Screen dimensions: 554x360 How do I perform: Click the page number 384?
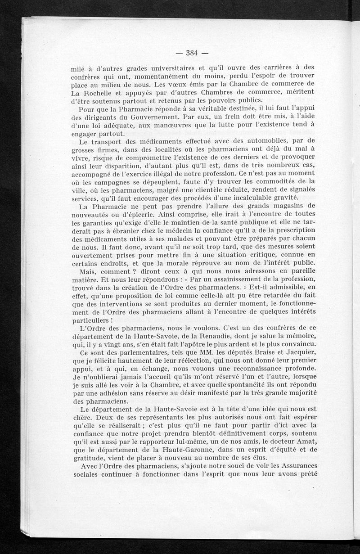[x=192, y=53]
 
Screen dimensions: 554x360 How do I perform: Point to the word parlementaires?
[x=144, y=351]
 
